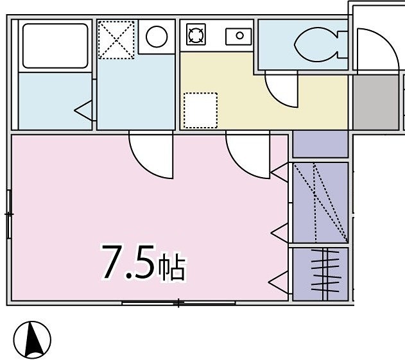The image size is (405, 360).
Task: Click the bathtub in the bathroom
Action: click(55, 46)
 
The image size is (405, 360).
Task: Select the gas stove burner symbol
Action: click(195, 35)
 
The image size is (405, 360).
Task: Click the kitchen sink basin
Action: click(239, 36)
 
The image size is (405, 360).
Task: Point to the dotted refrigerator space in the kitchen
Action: click(200, 110)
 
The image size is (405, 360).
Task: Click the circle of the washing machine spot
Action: click(156, 37)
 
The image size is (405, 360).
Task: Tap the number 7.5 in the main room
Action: click(128, 263)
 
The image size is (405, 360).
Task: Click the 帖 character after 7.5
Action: click(172, 268)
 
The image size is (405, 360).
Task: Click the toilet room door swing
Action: click(280, 90)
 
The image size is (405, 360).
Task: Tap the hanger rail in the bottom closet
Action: click(326, 273)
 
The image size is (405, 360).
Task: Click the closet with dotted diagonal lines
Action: click(320, 202)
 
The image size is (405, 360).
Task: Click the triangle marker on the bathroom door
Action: click(84, 110)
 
